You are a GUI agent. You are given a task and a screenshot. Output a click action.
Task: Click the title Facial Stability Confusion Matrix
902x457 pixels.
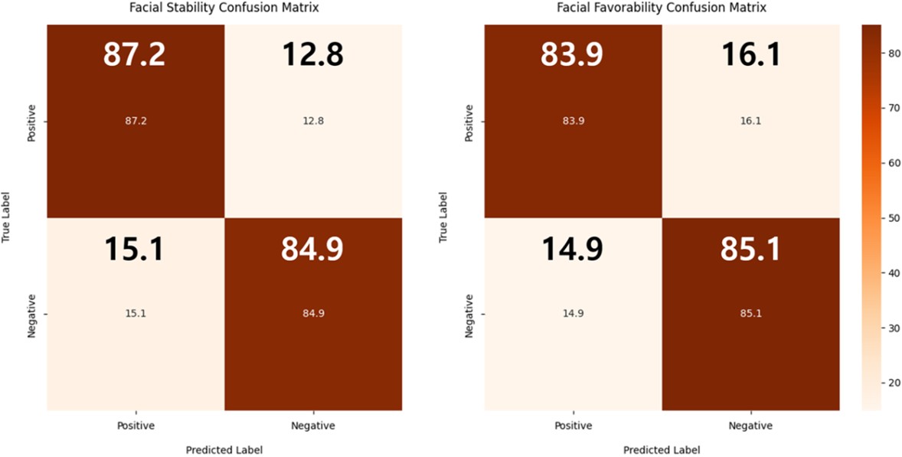tap(224, 9)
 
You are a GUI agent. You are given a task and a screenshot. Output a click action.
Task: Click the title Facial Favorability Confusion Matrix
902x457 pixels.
tap(661, 9)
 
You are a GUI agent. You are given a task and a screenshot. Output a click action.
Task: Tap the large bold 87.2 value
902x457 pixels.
tap(136, 54)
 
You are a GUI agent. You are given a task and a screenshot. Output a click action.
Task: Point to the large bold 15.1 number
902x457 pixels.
tap(136, 250)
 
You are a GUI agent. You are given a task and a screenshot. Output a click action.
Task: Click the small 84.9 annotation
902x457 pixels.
tap(313, 313)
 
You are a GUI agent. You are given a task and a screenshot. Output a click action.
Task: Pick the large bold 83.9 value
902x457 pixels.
tap(574, 54)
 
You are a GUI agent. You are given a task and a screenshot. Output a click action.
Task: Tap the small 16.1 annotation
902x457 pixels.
tap(750, 121)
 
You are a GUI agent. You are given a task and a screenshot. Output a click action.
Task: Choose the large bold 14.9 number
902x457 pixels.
tap(574, 250)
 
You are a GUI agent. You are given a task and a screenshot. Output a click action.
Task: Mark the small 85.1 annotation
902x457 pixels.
tap(750, 313)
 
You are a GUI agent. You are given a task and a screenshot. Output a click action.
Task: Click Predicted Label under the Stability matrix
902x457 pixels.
tap(224, 450)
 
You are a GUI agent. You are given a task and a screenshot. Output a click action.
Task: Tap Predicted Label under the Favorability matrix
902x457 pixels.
tap(662, 450)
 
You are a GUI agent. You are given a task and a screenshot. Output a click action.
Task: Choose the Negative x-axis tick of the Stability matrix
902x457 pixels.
tap(313, 425)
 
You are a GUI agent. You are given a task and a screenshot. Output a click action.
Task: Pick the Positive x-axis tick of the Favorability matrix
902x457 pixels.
tap(574, 425)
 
